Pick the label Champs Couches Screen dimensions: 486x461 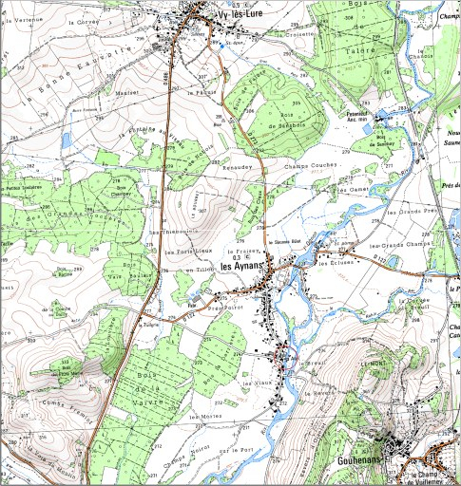point(311,166)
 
